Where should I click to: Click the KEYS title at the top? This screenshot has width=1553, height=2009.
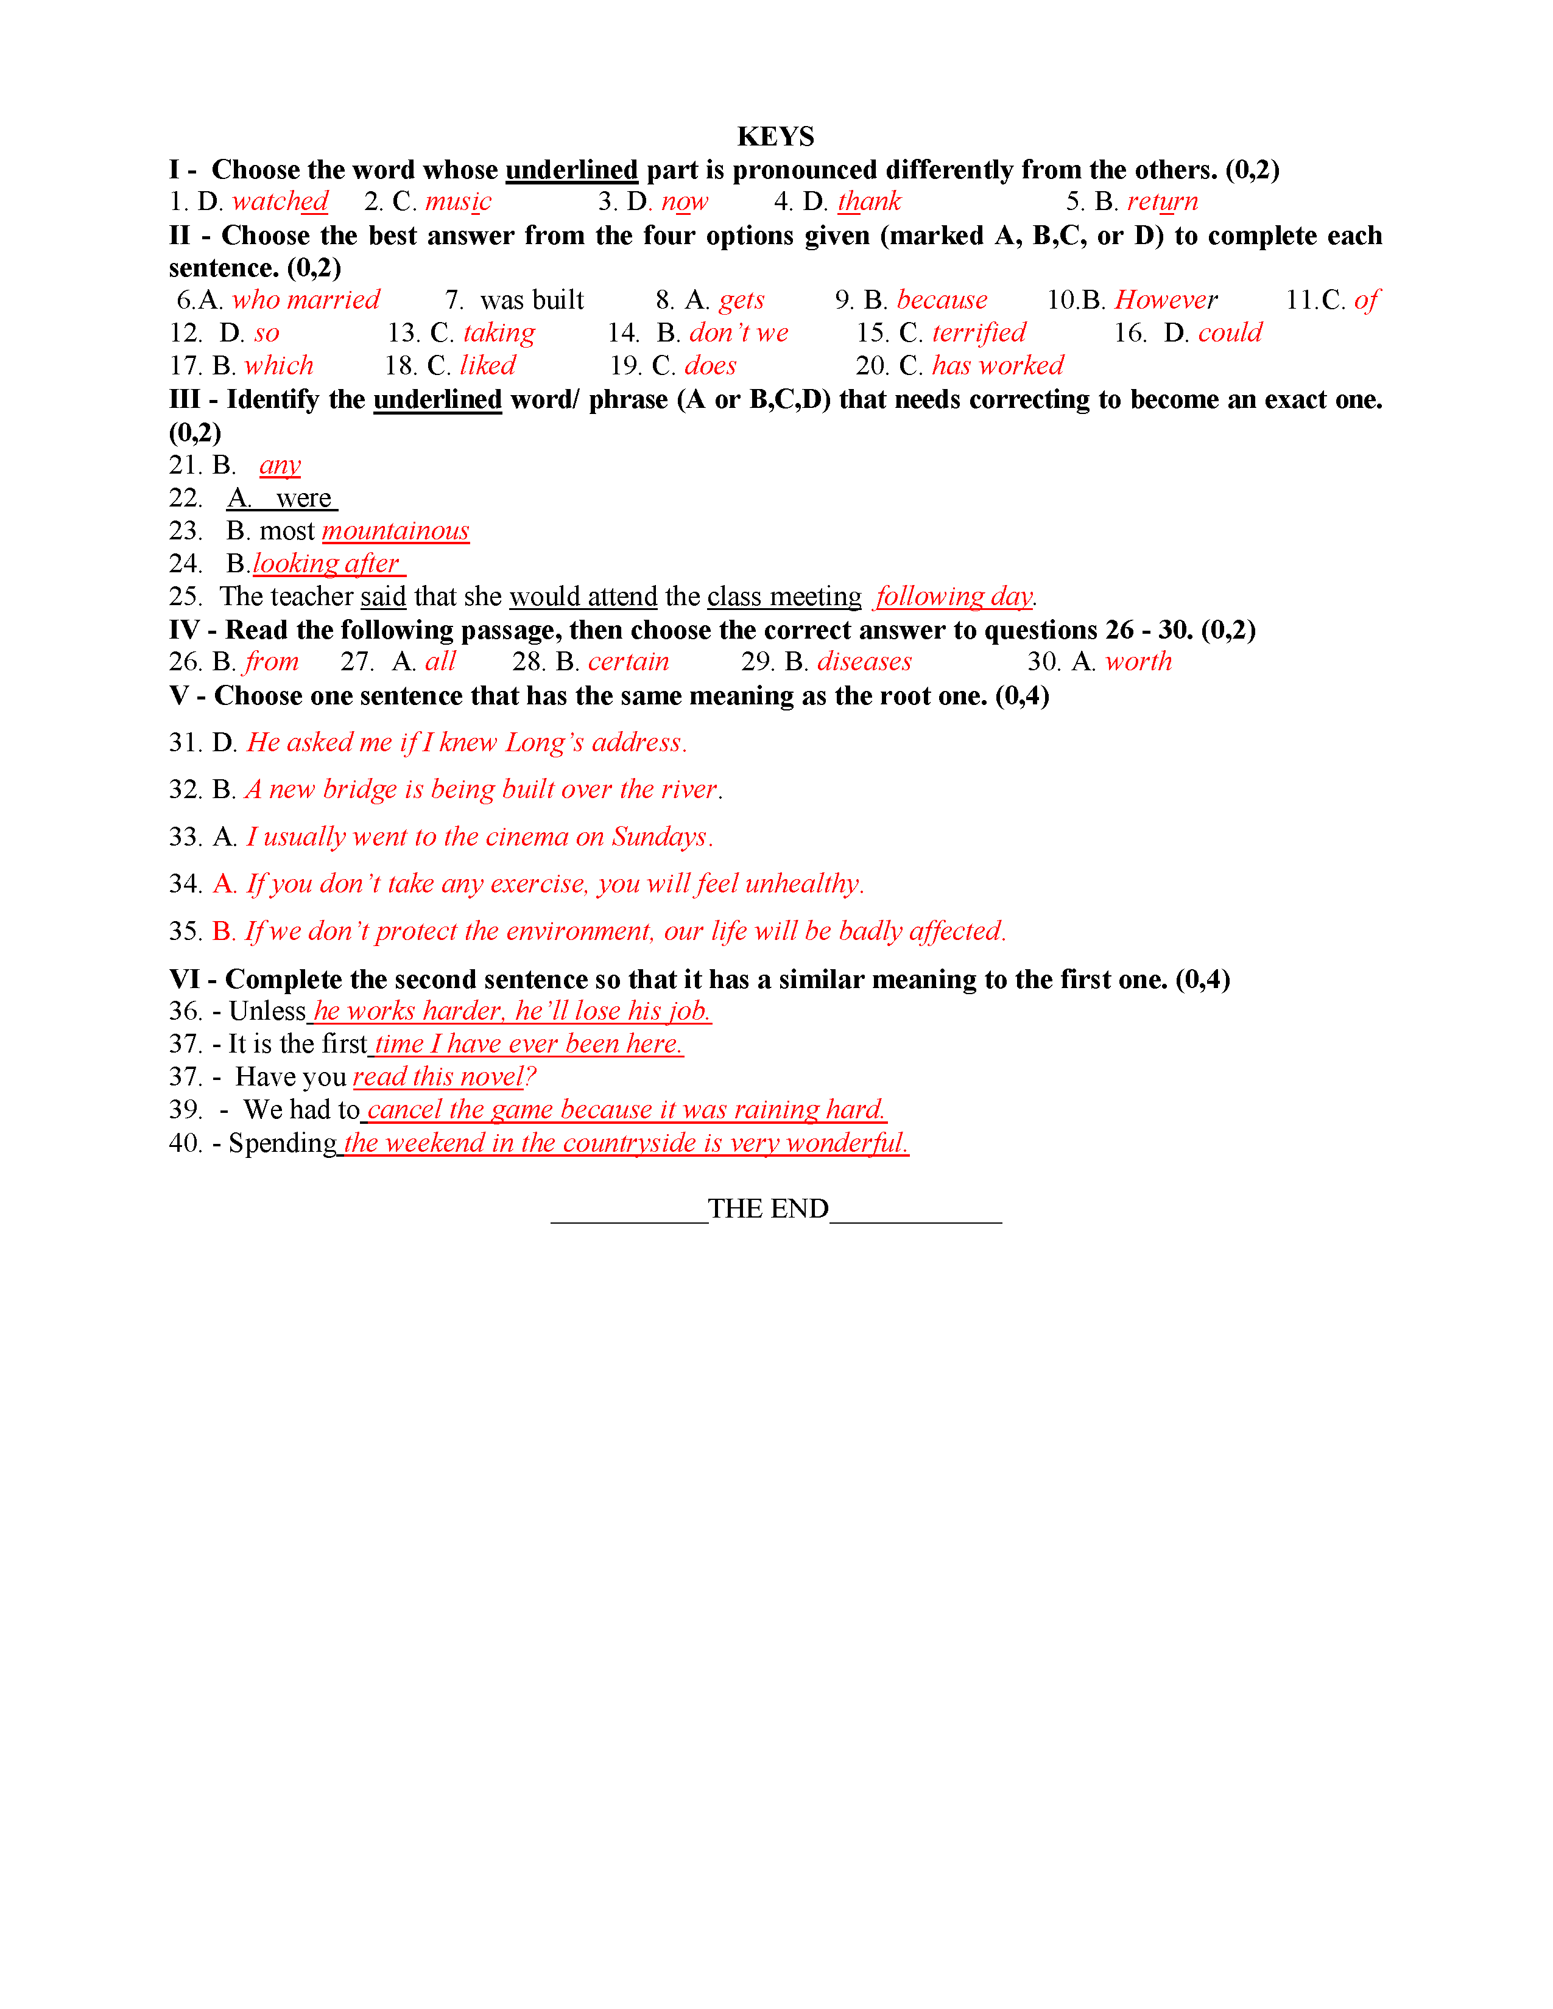click(x=775, y=136)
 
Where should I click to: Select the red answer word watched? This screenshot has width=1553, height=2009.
click(x=280, y=202)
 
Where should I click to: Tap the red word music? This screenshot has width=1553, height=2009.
click(x=458, y=202)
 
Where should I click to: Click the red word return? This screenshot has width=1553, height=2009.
click(x=1162, y=202)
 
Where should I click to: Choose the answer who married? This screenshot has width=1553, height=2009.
click(x=306, y=300)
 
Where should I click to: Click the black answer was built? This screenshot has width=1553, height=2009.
click(x=531, y=300)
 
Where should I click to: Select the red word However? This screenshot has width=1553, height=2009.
click(x=1166, y=300)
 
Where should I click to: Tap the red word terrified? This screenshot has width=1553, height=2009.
click(x=978, y=333)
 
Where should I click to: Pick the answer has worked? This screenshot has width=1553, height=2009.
click(x=998, y=366)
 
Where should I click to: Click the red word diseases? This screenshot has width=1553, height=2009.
click(x=864, y=661)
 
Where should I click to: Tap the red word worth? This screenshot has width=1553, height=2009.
click(x=1138, y=661)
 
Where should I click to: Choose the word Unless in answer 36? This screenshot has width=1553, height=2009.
click(x=267, y=1011)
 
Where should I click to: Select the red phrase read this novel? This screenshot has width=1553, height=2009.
click(x=443, y=1076)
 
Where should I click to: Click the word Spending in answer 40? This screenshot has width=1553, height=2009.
click(x=283, y=1143)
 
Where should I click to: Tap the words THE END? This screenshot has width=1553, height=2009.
click(x=768, y=1208)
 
